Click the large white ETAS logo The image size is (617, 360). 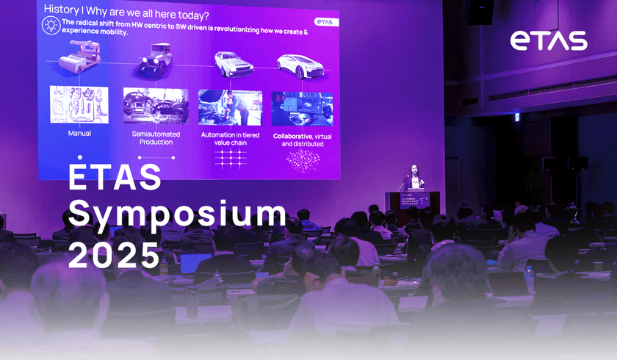pyautogui.click(x=549, y=41)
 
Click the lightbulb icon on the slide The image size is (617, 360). pyautogui.click(x=51, y=26)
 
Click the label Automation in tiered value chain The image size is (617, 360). pyautogui.click(x=229, y=140)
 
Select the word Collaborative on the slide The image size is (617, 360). pyautogui.click(x=292, y=136)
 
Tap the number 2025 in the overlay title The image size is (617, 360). pyautogui.click(x=114, y=255)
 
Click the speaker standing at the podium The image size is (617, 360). pyautogui.click(x=415, y=179)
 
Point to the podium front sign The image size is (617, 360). pyautogui.click(x=419, y=200)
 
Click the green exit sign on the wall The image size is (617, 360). pyautogui.click(x=516, y=117)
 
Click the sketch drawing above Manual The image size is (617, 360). pyautogui.click(x=79, y=104)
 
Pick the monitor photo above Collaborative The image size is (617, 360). pyautogui.click(x=301, y=108)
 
